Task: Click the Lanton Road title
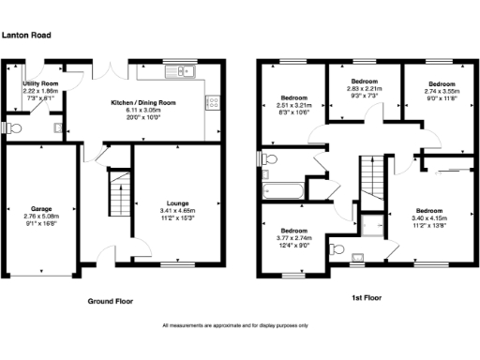pos(26,35)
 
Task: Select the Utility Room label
pos(41,83)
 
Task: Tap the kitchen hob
pos(212,103)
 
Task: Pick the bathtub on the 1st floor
pos(282,191)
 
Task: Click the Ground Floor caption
pos(110,302)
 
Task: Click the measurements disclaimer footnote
pos(235,325)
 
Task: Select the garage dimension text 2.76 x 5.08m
pos(40,217)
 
